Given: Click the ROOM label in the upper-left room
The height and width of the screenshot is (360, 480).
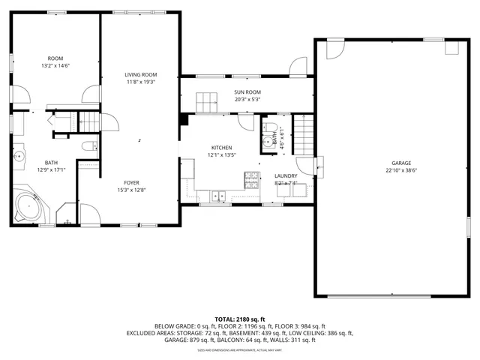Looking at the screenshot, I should [55, 58].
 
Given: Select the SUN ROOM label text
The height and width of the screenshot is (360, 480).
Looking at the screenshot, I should [247, 91].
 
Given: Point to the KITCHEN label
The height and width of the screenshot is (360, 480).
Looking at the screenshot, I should [221, 148].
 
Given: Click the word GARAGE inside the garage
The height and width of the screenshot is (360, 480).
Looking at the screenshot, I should [400, 163].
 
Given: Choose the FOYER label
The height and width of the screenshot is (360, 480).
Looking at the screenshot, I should [131, 182].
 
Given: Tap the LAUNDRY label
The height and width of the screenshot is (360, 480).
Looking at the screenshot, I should [286, 175].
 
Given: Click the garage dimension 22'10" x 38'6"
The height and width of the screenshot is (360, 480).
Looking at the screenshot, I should [400, 170].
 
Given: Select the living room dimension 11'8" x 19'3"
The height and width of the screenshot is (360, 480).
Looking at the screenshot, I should [140, 82].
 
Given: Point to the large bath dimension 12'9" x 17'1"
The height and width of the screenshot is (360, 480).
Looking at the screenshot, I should [51, 170].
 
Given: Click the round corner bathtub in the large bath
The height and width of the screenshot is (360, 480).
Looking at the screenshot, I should [28, 207].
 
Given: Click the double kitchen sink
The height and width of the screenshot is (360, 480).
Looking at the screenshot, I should [218, 196].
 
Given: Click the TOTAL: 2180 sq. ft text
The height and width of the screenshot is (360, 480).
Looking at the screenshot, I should [240, 319].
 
